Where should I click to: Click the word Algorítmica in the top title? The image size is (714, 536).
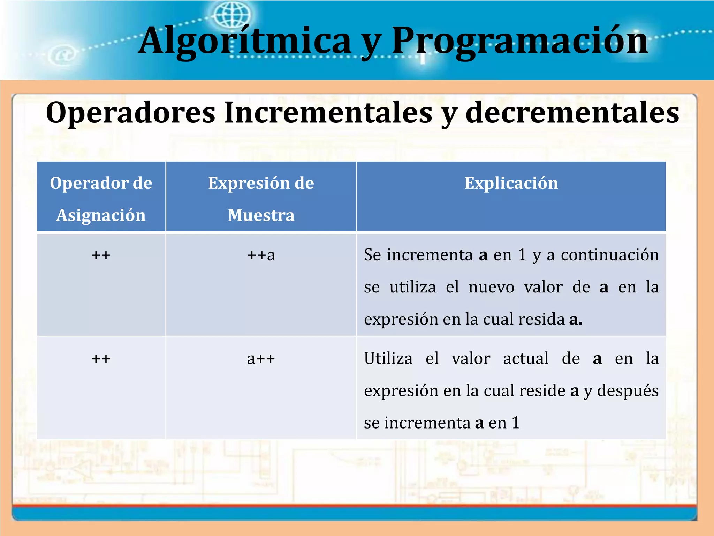click(244, 41)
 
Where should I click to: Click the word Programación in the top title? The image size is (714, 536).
click(519, 41)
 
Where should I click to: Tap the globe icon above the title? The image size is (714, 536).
click(232, 15)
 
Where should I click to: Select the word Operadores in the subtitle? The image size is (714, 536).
click(131, 112)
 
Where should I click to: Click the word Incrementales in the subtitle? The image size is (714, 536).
click(328, 112)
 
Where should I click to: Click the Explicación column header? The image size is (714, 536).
click(511, 183)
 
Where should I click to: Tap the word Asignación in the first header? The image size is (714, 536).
click(101, 215)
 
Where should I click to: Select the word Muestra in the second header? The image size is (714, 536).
click(261, 215)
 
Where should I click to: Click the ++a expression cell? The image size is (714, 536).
click(261, 255)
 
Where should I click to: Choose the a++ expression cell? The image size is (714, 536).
click(261, 359)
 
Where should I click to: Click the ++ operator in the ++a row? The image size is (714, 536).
click(101, 255)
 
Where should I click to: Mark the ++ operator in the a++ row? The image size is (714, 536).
click(101, 359)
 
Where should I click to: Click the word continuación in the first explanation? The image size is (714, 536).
click(610, 255)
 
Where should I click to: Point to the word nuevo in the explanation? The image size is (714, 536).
click(491, 287)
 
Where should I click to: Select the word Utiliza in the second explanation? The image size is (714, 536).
click(388, 359)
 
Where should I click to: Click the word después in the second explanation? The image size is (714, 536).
click(628, 391)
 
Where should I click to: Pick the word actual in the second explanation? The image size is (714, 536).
click(526, 359)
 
